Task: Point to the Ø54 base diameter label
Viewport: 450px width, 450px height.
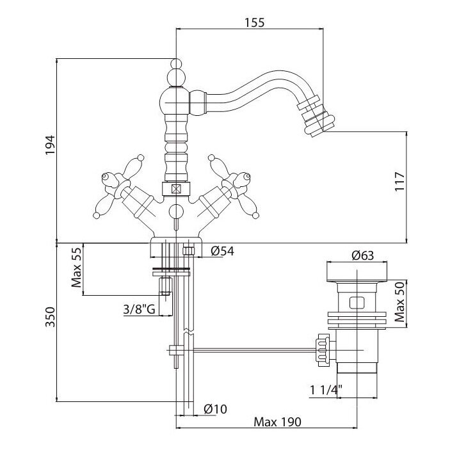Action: click(x=222, y=252)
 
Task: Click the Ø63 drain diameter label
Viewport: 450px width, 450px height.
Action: click(x=363, y=256)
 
